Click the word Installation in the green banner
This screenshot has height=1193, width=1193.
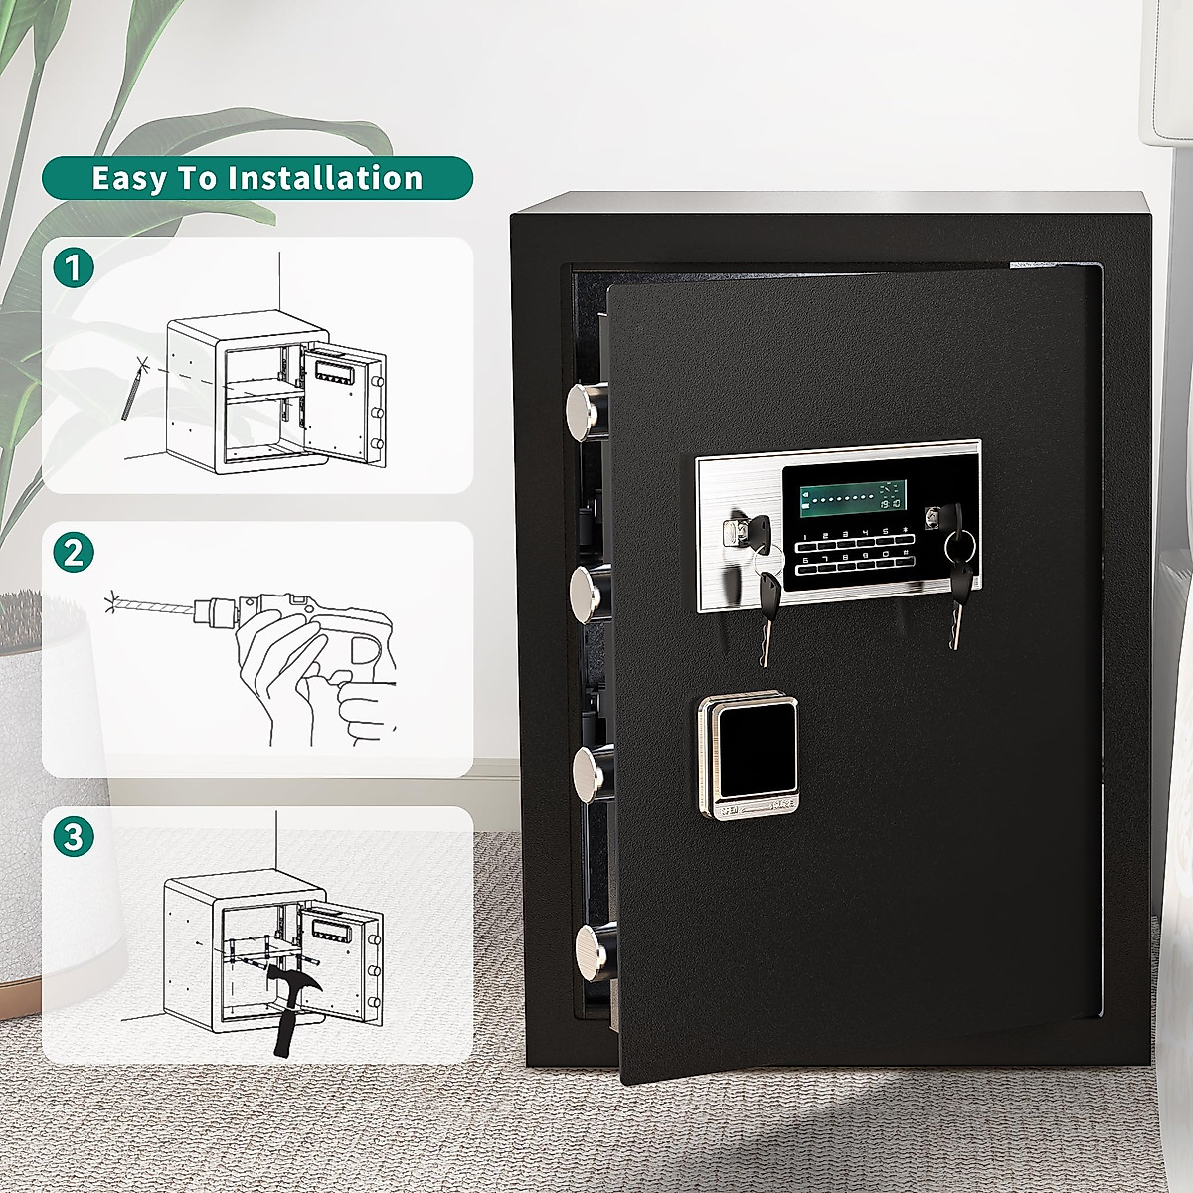click(x=325, y=178)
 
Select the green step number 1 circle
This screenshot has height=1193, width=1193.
click(x=74, y=268)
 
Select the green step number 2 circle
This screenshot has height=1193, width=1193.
click(x=74, y=552)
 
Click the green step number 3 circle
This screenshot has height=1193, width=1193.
click(x=74, y=836)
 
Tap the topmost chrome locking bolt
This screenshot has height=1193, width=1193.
click(x=587, y=408)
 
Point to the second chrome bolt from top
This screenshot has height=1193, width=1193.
click(x=589, y=589)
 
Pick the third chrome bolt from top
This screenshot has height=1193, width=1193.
click(x=590, y=770)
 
